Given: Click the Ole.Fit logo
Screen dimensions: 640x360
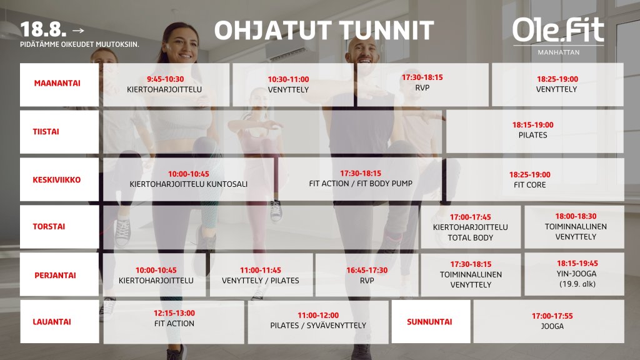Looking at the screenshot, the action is pos(558,30).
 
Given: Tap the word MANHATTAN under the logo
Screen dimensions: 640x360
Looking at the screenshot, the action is pos(558,52).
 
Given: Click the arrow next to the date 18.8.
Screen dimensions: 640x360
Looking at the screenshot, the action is pos(78,30).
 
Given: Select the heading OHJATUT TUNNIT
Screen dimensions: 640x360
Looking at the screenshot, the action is pos(324,30).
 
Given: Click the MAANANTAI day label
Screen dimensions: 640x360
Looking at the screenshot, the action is pos(57,83).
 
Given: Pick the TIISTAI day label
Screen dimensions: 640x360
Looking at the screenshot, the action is pos(46,131).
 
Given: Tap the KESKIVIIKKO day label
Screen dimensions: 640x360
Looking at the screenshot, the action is pos(57,179).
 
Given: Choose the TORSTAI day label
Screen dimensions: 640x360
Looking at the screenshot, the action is pos(49,226).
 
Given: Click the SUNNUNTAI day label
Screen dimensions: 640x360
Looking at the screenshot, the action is pos(429,322).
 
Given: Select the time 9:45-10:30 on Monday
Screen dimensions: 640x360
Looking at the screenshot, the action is pos(165,79).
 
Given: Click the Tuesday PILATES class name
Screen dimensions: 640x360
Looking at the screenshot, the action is pos(532,135).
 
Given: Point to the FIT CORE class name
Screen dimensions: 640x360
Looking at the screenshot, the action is pos(530,185).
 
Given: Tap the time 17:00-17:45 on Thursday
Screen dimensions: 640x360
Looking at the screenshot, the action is pos(470,217).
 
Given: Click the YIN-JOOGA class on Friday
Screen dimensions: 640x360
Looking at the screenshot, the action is pos(577,274).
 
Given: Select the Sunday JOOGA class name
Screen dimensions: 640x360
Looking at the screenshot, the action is pos(552,326).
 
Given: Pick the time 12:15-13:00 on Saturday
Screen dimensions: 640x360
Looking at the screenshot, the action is pos(174,313).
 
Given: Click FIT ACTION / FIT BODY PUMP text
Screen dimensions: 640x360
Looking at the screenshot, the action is pos(361,184).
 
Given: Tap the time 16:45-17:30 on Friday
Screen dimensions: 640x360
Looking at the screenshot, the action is pos(367,270).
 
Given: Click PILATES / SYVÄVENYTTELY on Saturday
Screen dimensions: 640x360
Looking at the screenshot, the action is pos(318,325).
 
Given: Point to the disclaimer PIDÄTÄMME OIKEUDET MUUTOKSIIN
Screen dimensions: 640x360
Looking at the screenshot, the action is pos(79,44).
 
